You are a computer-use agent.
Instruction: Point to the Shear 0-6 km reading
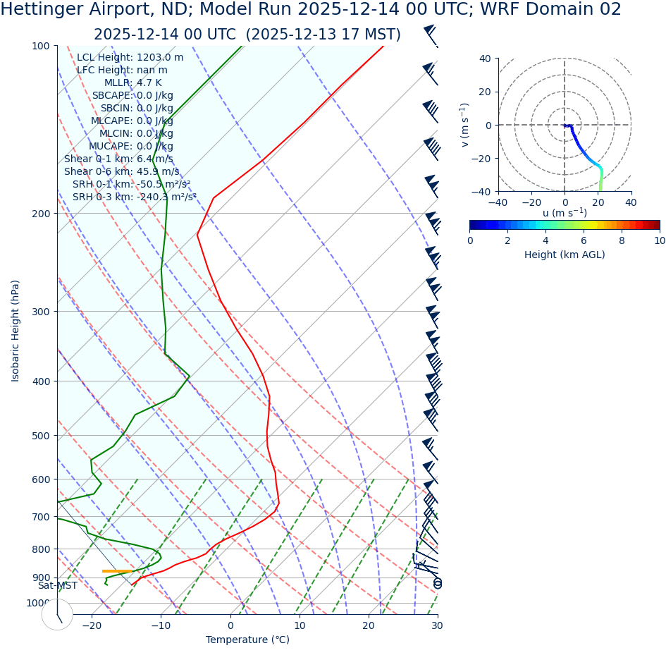(x=121, y=172)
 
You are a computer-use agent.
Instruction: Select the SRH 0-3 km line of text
(x=134, y=197)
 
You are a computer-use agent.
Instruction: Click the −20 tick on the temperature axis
(x=92, y=626)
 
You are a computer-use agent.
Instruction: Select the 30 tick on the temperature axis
(x=437, y=626)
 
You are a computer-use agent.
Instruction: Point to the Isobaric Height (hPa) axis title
(x=16, y=331)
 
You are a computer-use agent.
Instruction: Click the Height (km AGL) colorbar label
(x=565, y=255)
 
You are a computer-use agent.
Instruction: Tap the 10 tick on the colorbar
(x=659, y=240)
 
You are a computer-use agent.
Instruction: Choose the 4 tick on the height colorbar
(x=545, y=240)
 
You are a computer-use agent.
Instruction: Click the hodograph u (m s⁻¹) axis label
(x=565, y=213)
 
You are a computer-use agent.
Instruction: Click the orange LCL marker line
(x=117, y=571)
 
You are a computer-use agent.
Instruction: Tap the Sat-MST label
(x=58, y=586)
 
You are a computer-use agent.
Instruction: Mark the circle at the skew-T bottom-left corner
(x=57, y=614)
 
